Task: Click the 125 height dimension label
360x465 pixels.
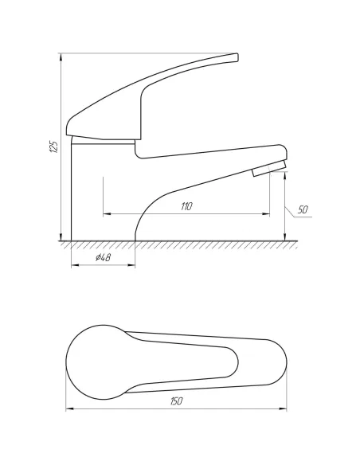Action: coord(53,147)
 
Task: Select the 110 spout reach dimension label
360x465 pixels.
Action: coord(186,206)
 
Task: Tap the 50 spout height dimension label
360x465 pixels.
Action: coord(303,209)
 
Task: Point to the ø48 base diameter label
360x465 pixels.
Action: coord(104,257)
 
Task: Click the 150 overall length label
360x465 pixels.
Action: coord(177,401)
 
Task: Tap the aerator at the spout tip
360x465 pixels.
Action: coord(269,168)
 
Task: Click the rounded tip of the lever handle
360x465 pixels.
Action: coord(236,57)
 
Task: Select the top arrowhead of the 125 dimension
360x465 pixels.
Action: coord(61,57)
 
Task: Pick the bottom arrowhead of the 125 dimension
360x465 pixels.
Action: coord(61,236)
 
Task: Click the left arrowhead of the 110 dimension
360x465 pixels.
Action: coord(107,213)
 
